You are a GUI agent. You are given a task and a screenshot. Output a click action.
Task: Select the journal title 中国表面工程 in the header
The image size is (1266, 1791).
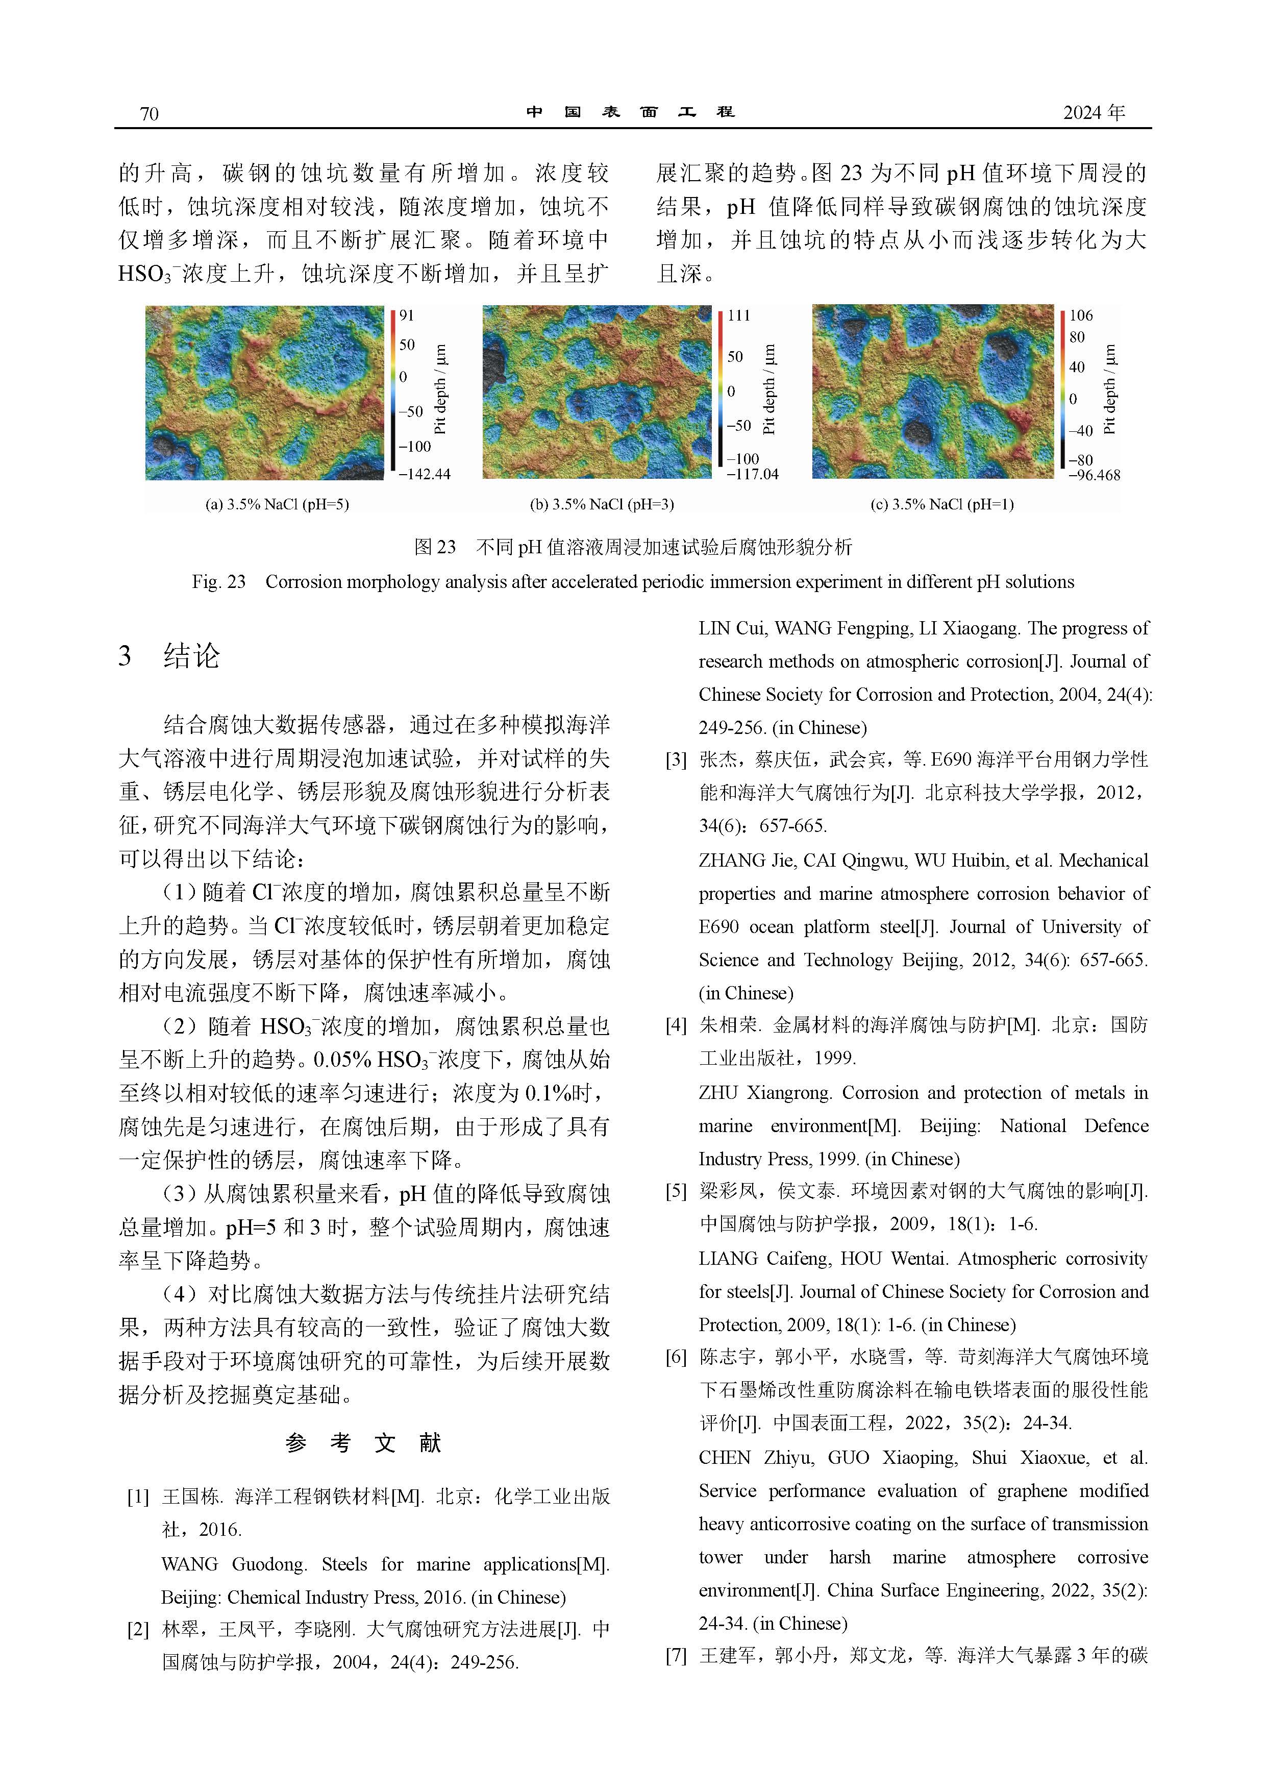click(x=630, y=112)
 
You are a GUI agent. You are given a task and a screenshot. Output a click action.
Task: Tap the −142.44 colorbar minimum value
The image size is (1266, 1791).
click(x=425, y=474)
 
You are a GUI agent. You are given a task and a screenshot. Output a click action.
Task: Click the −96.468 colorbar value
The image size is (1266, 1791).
click(x=1094, y=475)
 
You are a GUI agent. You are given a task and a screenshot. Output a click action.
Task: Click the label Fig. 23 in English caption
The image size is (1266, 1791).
click(x=218, y=582)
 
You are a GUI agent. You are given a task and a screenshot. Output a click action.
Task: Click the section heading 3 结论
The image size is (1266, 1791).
click(x=169, y=656)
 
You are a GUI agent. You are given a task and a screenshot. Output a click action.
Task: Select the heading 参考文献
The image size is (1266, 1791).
click(x=363, y=1443)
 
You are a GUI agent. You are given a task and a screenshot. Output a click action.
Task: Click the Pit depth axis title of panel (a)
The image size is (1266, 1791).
click(x=440, y=388)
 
